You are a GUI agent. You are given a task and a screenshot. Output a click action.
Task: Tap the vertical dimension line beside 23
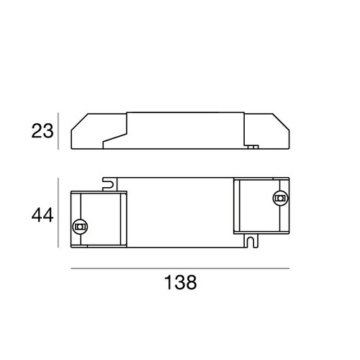[x=58, y=132]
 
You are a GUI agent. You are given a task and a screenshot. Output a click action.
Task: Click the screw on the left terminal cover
[x=80, y=227]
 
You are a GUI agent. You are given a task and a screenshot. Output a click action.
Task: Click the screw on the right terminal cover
[x=279, y=198]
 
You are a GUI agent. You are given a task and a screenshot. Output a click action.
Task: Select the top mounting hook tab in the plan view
[x=109, y=183]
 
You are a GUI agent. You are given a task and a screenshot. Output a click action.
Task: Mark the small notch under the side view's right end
[x=252, y=148]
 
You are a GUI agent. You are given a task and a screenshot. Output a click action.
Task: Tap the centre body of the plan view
[x=180, y=212]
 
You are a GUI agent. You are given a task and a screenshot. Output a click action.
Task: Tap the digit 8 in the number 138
[x=192, y=282]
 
